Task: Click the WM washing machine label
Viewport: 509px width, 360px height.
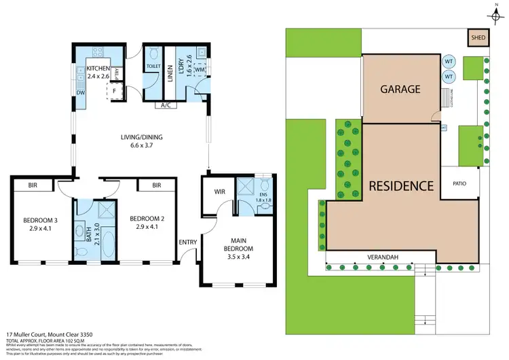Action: [200, 70]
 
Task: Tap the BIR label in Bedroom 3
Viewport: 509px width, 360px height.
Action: [33, 184]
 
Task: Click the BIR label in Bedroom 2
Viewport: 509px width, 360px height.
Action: [156, 184]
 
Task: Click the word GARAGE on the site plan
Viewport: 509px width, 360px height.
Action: [400, 89]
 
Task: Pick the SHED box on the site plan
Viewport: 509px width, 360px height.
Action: [478, 37]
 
